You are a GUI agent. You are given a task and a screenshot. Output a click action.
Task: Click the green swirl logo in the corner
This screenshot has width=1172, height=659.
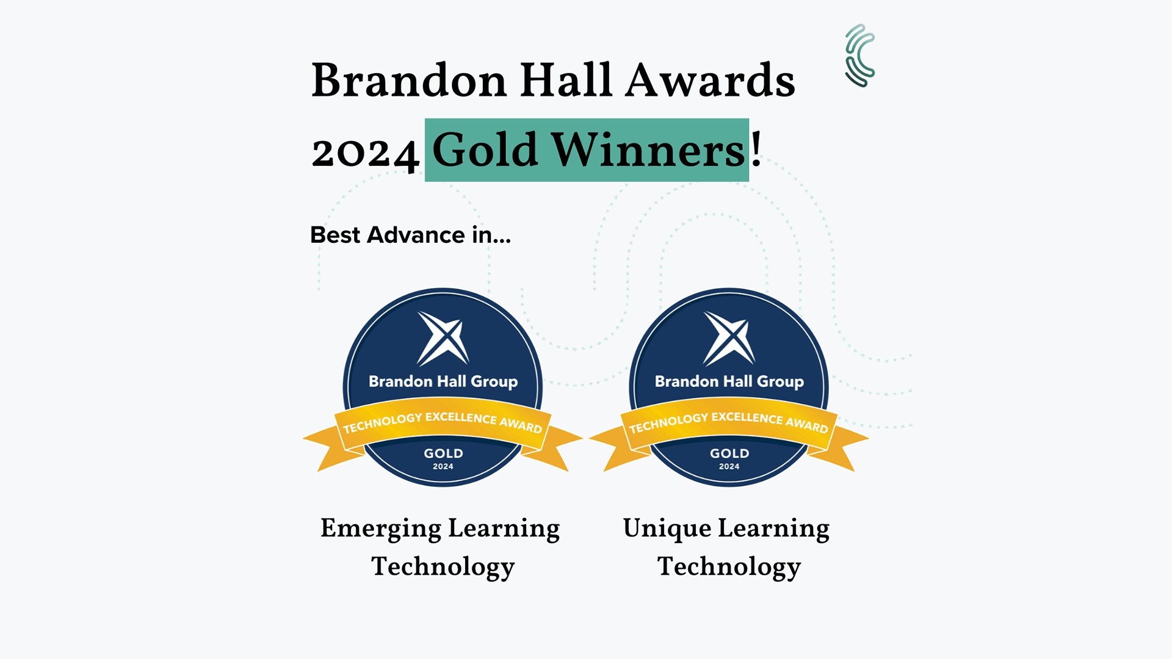tap(859, 56)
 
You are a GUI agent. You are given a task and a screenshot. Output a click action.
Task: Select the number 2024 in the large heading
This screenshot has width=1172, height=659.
tap(365, 153)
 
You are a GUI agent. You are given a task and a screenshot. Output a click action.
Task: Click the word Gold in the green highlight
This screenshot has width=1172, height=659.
tap(485, 150)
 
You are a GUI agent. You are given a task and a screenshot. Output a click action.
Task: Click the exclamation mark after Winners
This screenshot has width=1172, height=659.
tap(756, 149)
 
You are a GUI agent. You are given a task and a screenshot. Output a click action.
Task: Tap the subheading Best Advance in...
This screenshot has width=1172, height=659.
tap(410, 235)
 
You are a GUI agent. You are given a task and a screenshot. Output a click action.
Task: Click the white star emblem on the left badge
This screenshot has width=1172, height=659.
tap(443, 338)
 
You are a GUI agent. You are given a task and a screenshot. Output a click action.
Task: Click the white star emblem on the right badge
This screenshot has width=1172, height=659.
tap(729, 338)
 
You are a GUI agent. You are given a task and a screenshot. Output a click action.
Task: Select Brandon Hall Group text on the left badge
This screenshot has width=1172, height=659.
tap(443, 382)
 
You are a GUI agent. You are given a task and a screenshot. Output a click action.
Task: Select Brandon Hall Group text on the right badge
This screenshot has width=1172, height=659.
tap(729, 382)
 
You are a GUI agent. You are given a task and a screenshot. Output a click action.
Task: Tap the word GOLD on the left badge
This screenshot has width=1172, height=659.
tap(444, 453)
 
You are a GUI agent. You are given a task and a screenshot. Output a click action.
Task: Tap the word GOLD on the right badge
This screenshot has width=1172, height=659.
tap(729, 453)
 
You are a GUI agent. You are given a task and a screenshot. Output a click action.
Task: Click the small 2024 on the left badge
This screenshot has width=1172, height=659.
tap(443, 467)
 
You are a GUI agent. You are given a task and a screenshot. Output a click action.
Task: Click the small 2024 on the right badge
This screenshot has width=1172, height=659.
tap(729, 467)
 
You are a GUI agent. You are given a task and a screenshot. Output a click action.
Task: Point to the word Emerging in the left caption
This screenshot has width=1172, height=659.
tap(380, 529)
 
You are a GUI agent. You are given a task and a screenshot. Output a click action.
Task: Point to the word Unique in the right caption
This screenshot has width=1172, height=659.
tap(667, 529)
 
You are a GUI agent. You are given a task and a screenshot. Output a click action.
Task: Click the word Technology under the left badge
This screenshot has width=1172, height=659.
tap(443, 567)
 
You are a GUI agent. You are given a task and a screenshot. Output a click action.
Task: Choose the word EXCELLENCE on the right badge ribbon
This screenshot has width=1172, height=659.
tap(747, 418)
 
